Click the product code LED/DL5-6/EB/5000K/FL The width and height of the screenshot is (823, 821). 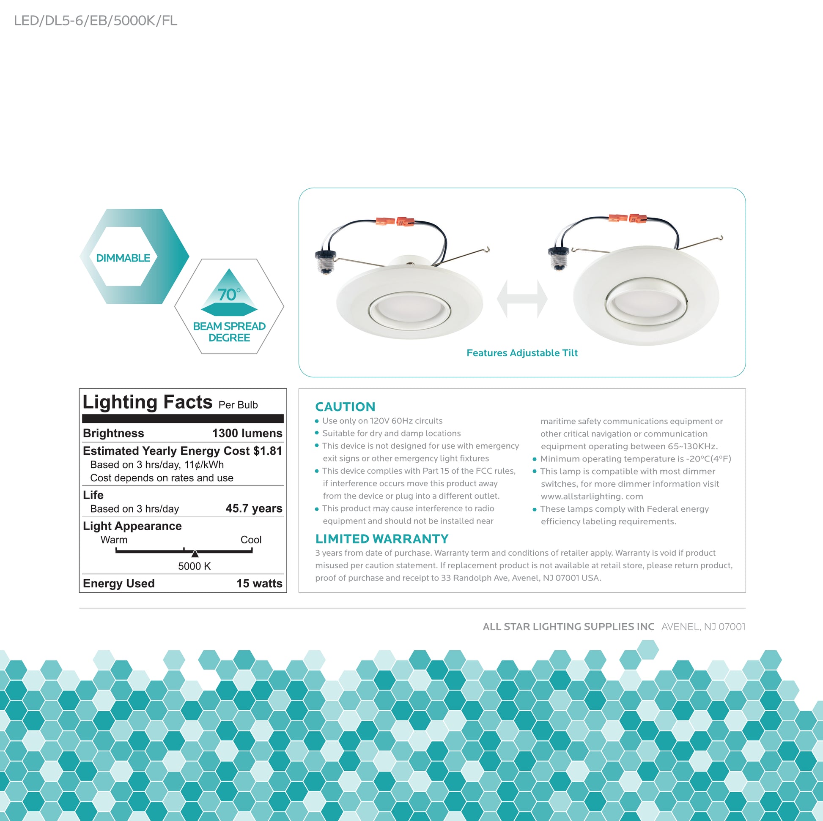point(96,21)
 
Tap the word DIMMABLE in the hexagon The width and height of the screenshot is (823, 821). point(123,258)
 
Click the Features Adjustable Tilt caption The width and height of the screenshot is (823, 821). point(522,353)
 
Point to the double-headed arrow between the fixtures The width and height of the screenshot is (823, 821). point(522,299)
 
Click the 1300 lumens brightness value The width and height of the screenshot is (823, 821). point(247,433)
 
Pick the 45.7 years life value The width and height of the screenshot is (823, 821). point(254,508)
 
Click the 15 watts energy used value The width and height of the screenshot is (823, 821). point(259,583)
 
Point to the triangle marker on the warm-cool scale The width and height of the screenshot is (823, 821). point(195,554)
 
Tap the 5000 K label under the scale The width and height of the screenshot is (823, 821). point(194,566)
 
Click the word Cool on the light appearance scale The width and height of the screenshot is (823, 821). point(251,540)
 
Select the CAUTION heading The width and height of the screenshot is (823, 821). point(345,407)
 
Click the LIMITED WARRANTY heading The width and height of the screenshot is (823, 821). point(381,539)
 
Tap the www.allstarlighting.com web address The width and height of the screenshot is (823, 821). point(592,496)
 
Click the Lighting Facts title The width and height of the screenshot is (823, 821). point(148,402)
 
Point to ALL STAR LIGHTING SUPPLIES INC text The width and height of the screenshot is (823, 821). point(568,627)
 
